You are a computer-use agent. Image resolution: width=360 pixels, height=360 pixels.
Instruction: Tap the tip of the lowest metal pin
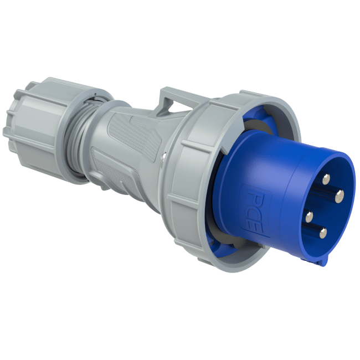[x=322, y=232]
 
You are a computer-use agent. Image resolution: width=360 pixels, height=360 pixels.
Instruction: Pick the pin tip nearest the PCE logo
[x=309, y=216]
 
